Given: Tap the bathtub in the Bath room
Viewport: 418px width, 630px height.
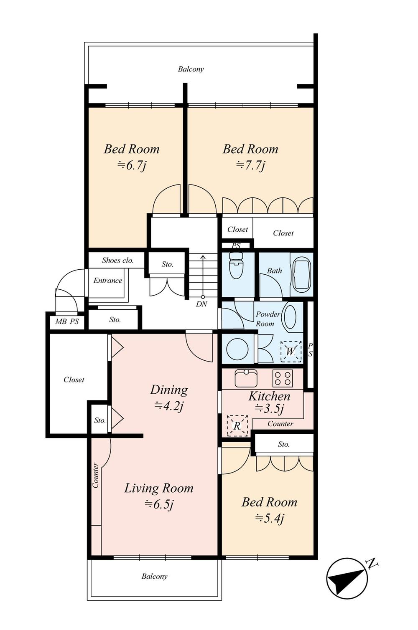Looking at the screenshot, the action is pos(302,274).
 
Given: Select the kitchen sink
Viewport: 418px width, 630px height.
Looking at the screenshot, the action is pos(246,378).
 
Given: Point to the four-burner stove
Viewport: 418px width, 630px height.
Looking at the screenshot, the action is pos(283,378).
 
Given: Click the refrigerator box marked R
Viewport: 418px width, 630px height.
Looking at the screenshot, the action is pos(237,426).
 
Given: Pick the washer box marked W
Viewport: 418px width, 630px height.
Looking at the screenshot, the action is pos(291,352).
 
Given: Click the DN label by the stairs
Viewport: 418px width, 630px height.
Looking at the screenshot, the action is pos(201,304).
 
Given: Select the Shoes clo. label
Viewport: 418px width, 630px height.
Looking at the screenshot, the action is pos(118,260).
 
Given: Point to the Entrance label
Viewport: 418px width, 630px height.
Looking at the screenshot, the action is pos(108,281).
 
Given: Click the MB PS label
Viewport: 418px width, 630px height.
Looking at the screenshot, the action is pos(67,321).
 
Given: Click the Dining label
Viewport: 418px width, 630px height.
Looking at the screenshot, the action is pos(169,390).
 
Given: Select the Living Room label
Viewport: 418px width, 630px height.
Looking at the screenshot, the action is pos(159,488).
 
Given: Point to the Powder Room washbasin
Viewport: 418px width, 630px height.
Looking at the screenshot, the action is pos(290,316).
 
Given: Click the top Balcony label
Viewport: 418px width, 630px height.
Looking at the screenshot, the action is pos(191,69).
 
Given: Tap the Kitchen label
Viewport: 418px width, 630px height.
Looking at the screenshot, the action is pos(269,396).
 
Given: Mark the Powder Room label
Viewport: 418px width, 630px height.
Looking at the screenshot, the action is pos(267,319).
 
